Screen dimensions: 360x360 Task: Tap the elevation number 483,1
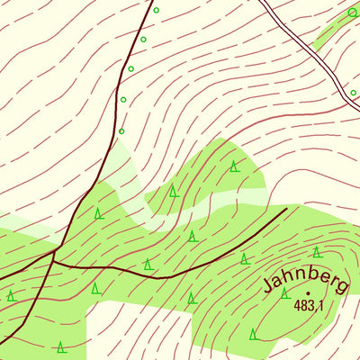click(307, 306)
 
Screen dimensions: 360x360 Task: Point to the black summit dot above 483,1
click(307, 292)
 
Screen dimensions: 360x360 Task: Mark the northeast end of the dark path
click(286, 208)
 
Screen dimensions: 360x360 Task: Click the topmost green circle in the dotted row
click(156, 11)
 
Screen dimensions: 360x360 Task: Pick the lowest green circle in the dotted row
click(121, 131)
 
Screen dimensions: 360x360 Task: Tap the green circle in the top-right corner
click(353, 13)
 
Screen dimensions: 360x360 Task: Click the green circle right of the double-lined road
click(353, 93)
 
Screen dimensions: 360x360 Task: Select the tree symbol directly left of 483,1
click(284, 293)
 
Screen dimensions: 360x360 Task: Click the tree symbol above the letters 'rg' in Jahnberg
click(317, 252)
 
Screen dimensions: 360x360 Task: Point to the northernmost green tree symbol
click(234, 166)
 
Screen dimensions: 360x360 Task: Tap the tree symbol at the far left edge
click(11, 295)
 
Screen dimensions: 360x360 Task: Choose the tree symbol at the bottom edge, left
click(60, 347)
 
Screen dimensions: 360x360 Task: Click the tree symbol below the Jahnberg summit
click(254, 334)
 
